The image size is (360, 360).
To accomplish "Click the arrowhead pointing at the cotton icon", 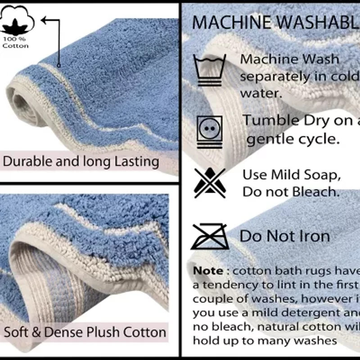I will click(45, 20).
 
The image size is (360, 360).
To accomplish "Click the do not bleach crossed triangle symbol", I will click(209, 183).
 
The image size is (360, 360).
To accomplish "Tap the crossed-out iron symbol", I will click(209, 236).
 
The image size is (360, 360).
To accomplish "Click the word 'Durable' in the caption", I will click(27, 162).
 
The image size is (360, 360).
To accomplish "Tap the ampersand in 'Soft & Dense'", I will click(37, 333).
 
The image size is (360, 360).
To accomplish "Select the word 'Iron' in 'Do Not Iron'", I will click(315, 236).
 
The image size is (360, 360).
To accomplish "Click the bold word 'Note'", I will click(208, 271).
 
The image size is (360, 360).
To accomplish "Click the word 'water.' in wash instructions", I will click(261, 94).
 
